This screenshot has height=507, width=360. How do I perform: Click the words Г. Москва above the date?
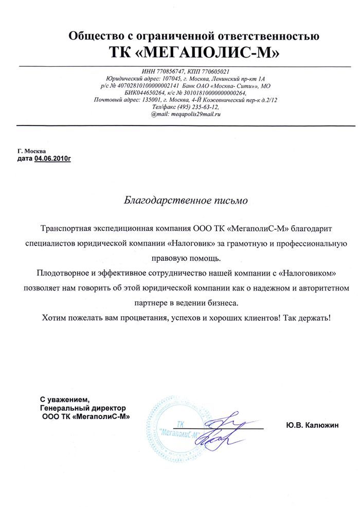coord(32,151)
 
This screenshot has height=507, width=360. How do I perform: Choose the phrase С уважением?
coord(65,400)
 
